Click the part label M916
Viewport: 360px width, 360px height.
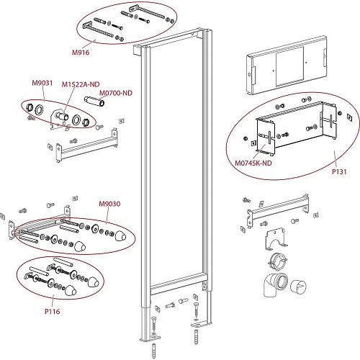(81, 53)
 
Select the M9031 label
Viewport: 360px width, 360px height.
(42, 83)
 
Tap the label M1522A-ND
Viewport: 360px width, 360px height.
(81, 84)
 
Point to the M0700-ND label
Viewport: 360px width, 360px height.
(116, 93)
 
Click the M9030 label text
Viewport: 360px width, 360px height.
(109, 204)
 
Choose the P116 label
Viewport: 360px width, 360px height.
(53, 312)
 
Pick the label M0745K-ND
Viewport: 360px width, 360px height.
(253, 163)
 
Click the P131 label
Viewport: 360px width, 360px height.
(339, 171)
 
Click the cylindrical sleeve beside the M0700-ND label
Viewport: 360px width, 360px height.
(94, 102)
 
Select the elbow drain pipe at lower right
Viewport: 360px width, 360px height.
(275, 285)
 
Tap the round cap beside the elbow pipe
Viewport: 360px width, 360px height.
(298, 287)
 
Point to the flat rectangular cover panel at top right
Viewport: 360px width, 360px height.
(287, 65)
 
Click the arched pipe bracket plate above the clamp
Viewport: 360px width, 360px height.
(276, 239)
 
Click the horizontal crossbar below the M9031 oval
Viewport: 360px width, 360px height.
(87, 146)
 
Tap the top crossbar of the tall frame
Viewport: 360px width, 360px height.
(171, 39)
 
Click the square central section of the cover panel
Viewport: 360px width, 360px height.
(290, 66)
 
